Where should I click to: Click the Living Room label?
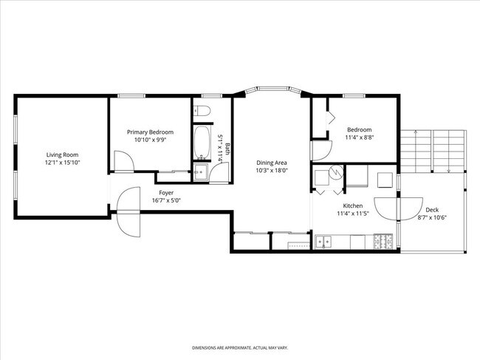click(x=62, y=154)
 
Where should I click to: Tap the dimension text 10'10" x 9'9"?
click(x=150, y=140)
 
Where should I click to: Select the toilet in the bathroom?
click(x=202, y=111)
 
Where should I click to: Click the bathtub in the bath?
click(x=202, y=142)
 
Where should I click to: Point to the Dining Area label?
click(x=272, y=163)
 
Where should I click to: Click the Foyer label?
click(x=166, y=193)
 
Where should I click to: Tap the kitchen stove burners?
click(x=383, y=242)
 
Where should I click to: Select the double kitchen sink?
click(x=323, y=242)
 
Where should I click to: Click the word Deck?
click(x=432, y=210)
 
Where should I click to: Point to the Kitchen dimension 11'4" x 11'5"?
click(x=353, y=214)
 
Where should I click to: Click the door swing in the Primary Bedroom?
click(x=123, y=161)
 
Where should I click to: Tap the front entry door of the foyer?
click(x=128, y=211)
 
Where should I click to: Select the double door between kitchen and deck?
click(x=398, y=209)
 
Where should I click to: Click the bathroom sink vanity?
click(x=201, y=173)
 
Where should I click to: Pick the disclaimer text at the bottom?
click(x=240, y=347)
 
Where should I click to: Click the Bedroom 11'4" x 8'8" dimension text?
click(x=360, y=137)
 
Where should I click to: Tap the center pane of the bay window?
click(x=273, y=89)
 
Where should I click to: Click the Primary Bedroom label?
click(x=150, y=132)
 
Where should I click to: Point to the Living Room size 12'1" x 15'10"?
click(x=62, y=163)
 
